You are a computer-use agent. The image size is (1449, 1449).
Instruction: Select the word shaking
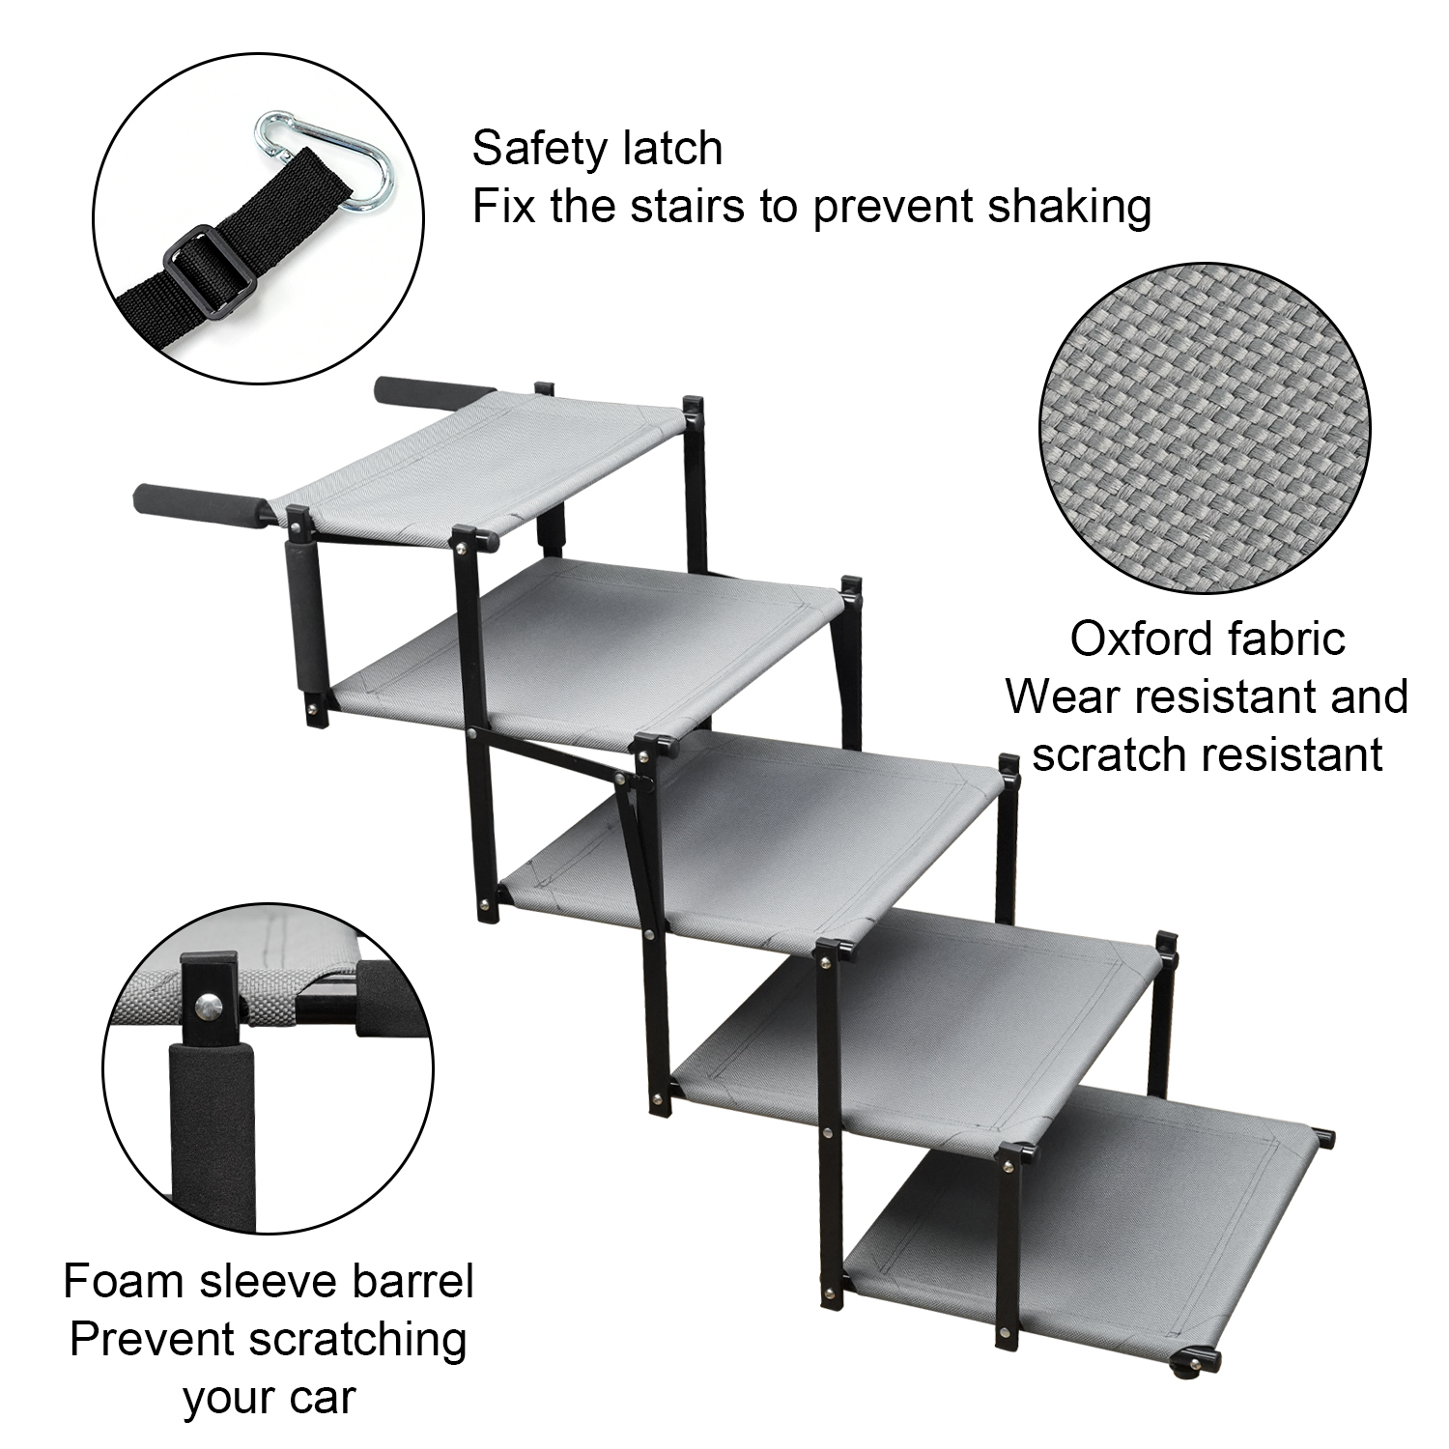[x=1067, y=207]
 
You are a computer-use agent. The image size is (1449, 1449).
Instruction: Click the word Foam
[x=124, y=1282]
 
